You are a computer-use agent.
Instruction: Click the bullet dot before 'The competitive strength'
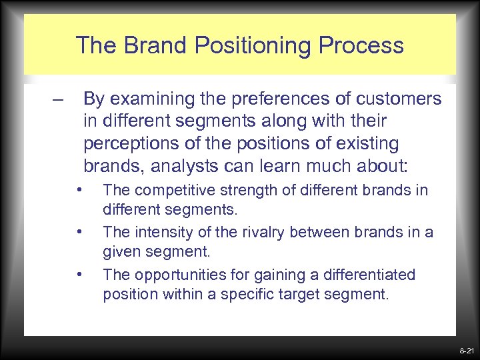(79, 190)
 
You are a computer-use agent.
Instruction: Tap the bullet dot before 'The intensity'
(79, 232)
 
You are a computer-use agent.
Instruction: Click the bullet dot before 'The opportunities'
(79, 274)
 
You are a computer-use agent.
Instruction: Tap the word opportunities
(168, 275)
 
